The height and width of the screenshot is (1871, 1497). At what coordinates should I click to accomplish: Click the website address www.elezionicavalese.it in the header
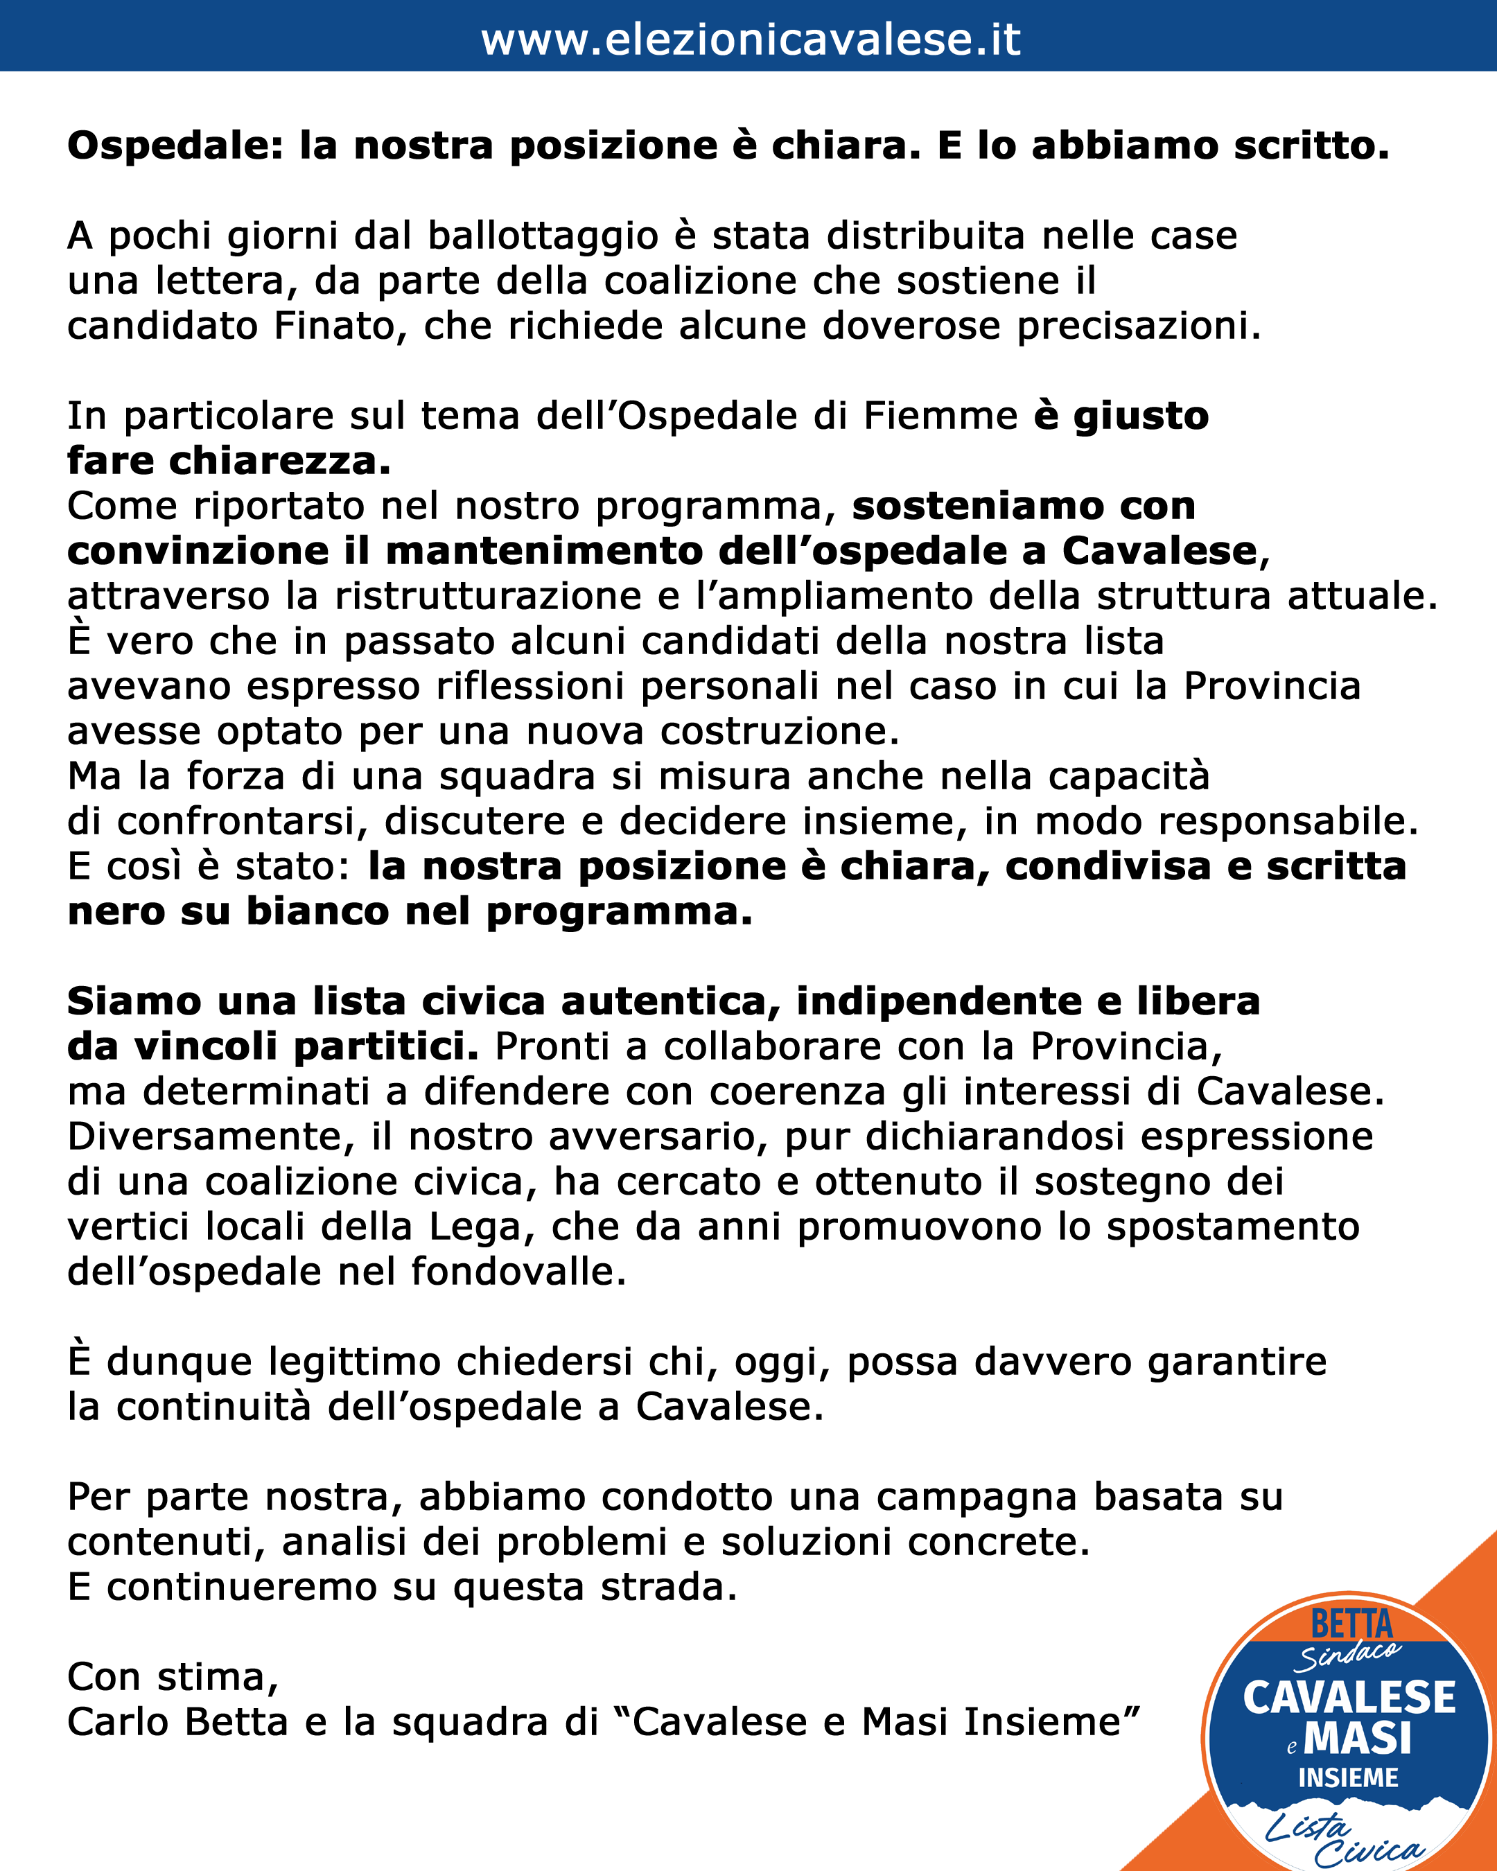tap(750, 39)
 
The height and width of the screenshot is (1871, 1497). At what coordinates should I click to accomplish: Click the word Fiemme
tap(940, 416)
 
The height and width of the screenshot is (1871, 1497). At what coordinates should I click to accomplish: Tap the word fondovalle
tap(518, 1272)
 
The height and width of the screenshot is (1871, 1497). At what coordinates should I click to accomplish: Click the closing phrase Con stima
tap(172, 1678)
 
